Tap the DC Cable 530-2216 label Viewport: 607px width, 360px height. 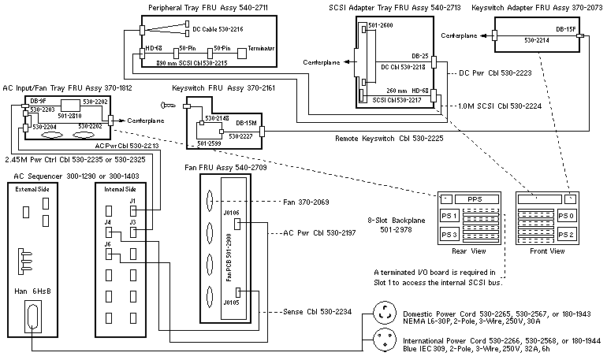218,29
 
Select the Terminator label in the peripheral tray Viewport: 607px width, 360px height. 261,49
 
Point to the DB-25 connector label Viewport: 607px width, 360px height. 419,56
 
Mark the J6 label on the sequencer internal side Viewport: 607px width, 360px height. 107,245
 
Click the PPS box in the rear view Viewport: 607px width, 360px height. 473,199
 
